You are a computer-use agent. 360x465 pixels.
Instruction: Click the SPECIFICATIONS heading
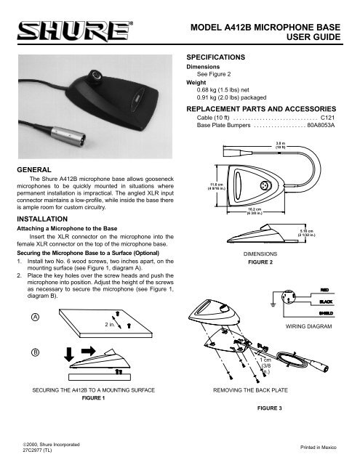[x=221, y=56]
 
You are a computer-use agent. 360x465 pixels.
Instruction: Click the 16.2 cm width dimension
[x=236, y=214]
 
